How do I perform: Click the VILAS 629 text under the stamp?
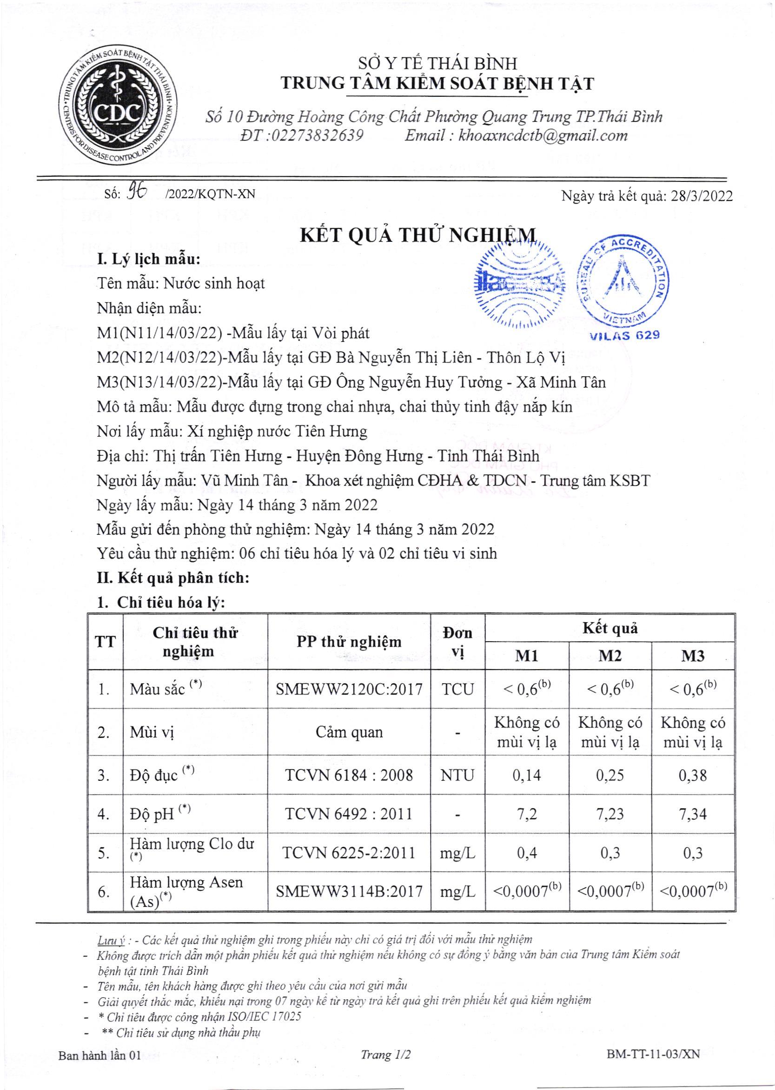(625, 335)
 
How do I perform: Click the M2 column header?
(610, 656)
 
